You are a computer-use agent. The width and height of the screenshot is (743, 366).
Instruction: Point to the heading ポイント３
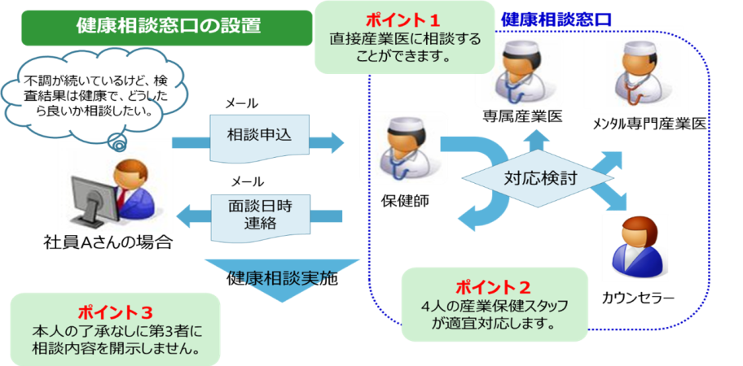(115, 312)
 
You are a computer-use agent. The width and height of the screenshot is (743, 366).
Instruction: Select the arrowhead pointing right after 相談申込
(333, 142)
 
